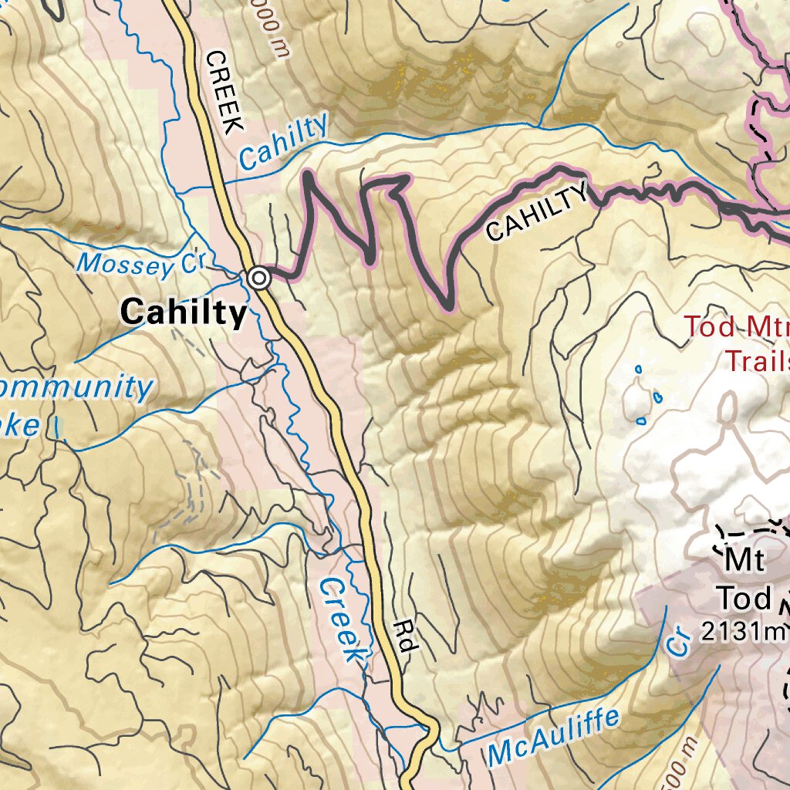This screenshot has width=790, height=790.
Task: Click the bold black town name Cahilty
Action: (x=184, y=312)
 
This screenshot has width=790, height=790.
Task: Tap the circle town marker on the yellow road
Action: (x=259, y=278)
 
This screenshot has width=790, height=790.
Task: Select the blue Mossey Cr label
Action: (x=139, y=264)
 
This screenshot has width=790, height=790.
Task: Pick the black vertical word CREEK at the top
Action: (x=224, y=93)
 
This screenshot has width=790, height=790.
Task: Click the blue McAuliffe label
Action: (x=553, y=739)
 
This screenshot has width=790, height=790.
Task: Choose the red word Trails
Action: (x=755, y=360)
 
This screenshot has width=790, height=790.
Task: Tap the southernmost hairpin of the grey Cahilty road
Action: (x=447, y=306)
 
